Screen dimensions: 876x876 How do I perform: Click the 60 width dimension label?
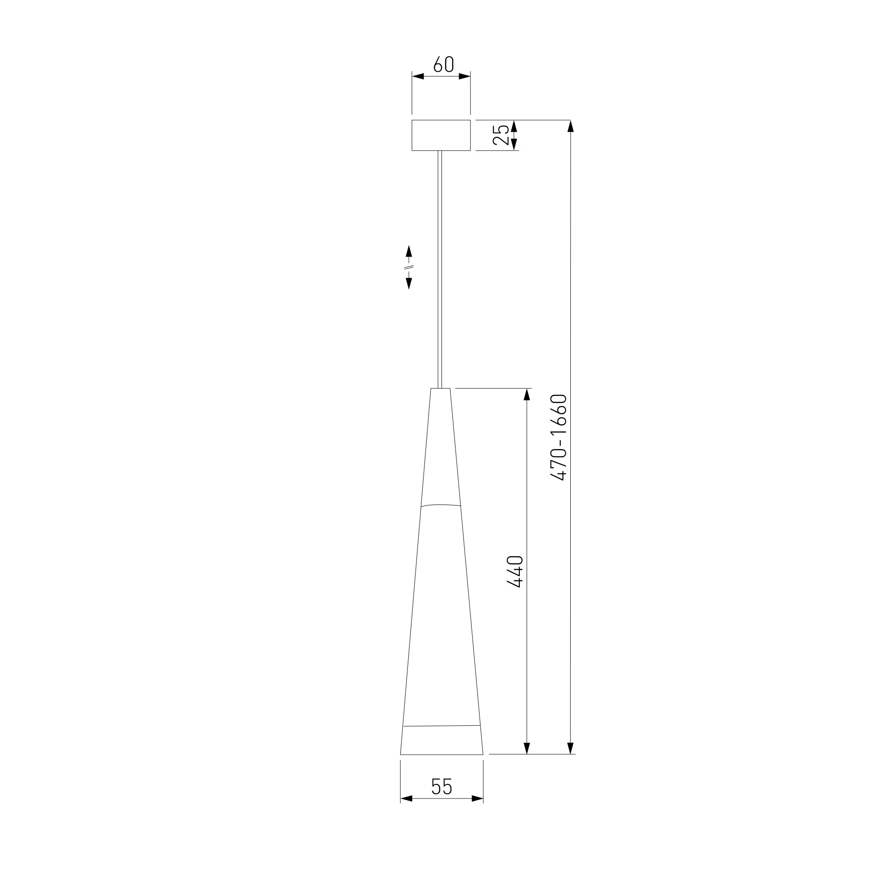[x=443, y=64]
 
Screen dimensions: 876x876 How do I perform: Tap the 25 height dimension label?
[x=501, y=134]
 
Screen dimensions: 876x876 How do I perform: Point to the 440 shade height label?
[x=515, y=572]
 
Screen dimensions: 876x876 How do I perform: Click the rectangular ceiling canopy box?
[x=441, y=135]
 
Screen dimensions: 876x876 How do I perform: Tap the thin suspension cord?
[x=440, y=269]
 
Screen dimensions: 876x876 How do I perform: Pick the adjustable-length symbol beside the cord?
[x=409, y=267]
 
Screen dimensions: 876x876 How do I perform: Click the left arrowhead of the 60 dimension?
[x=417, y=76]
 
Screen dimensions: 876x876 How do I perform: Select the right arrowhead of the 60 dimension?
[x=465, y=76]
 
